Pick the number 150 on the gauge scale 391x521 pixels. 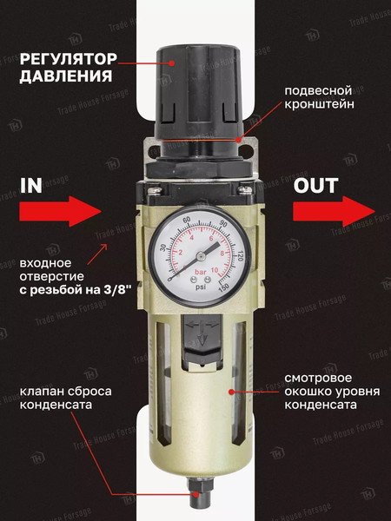pos(223,286)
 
